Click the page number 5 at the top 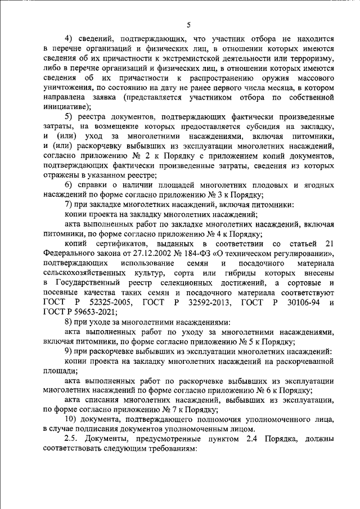pos(189,24)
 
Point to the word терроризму pos(313,59)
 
